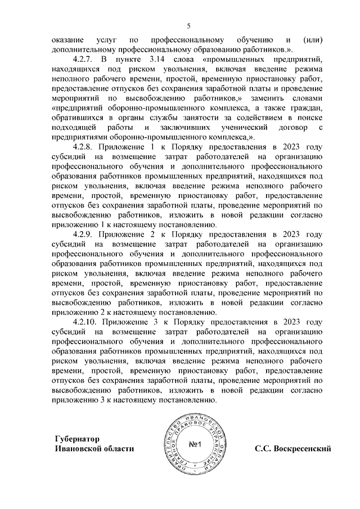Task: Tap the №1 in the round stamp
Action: (x=195, y=445)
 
